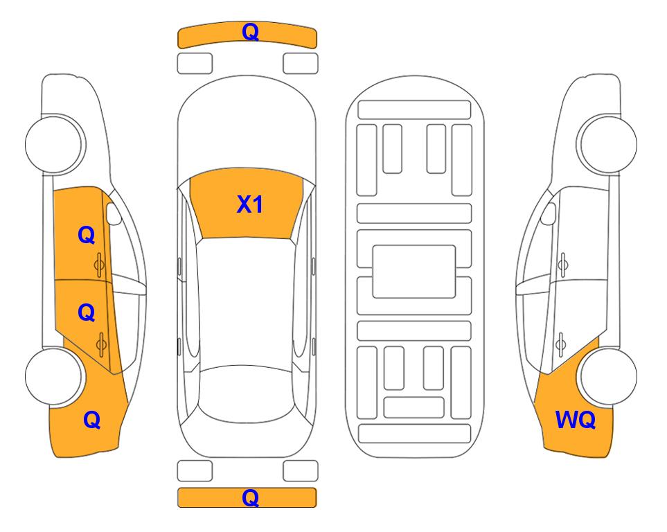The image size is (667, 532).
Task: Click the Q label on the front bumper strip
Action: point(250,32)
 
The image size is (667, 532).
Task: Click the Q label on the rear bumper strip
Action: point(250,497)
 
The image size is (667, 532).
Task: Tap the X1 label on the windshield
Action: point(250,204)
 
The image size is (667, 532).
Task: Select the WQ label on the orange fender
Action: point(576,420)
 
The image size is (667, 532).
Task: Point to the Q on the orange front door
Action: point(87,235)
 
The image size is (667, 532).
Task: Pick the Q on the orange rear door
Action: point(87,313)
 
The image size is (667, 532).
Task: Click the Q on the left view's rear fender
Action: point(92,420)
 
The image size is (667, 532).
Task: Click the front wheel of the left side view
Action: point(54,144)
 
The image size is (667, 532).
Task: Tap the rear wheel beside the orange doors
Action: point(54,376)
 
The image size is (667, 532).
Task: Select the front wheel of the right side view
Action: point(607,144)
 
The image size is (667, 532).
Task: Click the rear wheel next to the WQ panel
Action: point(608,376)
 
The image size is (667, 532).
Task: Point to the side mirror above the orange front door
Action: point(114,213)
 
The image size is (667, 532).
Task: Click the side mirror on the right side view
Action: point(549,213)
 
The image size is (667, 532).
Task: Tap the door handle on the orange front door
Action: point(99,265)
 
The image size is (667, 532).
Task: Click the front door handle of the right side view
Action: point(563,265)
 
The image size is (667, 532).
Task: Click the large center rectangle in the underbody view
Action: point(414,272)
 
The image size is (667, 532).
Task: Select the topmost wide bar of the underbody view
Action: point(414,110)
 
